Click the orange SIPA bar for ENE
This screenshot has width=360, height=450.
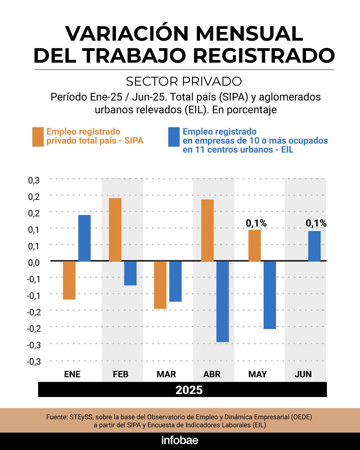click(69, 280)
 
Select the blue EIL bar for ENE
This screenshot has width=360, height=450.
click(84, 238)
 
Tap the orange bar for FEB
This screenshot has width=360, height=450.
click(115, 230)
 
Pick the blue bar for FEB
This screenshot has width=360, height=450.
click(130, 273)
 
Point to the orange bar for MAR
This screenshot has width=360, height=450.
click(161, 285)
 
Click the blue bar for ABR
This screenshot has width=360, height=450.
click(222, 301)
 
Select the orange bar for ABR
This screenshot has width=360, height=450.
click(207, 230)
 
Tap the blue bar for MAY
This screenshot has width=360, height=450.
click(270, 295)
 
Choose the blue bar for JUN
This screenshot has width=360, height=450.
click(314, 246)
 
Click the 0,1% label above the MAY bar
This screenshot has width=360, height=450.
click(256, 223)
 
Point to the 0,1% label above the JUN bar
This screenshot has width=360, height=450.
click(316, 223)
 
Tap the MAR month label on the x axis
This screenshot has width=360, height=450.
click(166, 374)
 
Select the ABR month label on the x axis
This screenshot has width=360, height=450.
click(212, 374)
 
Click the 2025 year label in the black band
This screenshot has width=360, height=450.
click(189, 390)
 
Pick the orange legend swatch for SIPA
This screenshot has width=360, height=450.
click(38, 137)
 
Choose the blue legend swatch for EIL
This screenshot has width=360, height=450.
click(174, 137)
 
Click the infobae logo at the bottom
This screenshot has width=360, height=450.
click(180, 440)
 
